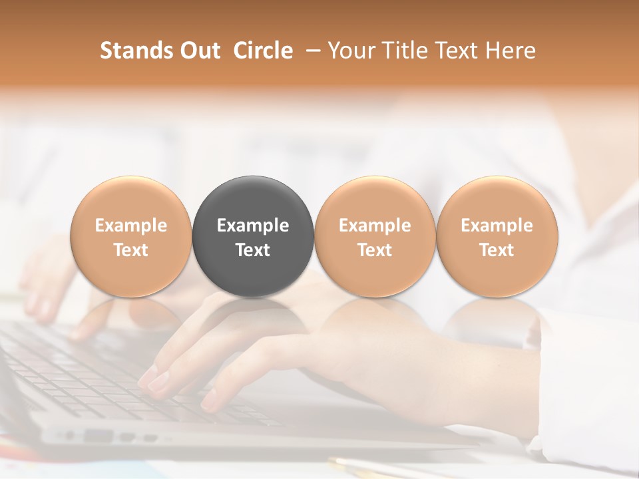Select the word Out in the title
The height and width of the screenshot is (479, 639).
pos(198,51)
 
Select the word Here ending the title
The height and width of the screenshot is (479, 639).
pos(511,51)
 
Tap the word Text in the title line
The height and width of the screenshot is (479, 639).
pos(459,51)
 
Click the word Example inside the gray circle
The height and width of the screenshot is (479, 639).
pos(253,226)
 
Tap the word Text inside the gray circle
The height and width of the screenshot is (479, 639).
pos(253,250)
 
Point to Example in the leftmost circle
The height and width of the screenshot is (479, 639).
pos(130,226)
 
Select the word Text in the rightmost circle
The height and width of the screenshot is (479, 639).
pos(497,250)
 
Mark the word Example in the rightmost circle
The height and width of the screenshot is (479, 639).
pos(497,226)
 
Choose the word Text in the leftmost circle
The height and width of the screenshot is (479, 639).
pos(130,250)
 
